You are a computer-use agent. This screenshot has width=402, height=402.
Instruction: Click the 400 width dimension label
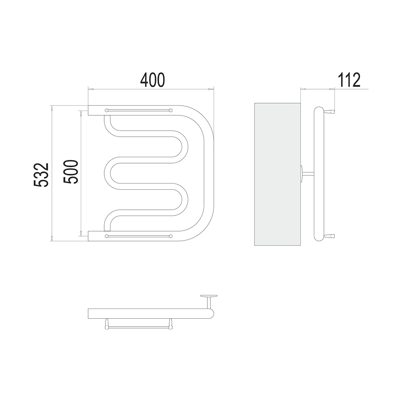tap(152, 80)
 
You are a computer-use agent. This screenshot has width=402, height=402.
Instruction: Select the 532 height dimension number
tap(41, 175)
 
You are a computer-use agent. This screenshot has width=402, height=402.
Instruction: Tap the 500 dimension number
tap(70, 172)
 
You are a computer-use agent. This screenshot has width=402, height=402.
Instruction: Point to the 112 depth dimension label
tap(349, 80)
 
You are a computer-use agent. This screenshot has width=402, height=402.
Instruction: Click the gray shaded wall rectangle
tap(277, 174)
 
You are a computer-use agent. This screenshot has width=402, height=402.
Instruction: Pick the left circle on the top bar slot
tap(107, 110)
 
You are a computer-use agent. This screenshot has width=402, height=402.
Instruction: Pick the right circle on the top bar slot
tap(171, 110)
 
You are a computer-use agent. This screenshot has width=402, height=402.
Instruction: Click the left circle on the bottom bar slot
tap(107, 236)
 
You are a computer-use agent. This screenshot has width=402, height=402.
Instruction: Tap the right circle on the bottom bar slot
tap(171, 236)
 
